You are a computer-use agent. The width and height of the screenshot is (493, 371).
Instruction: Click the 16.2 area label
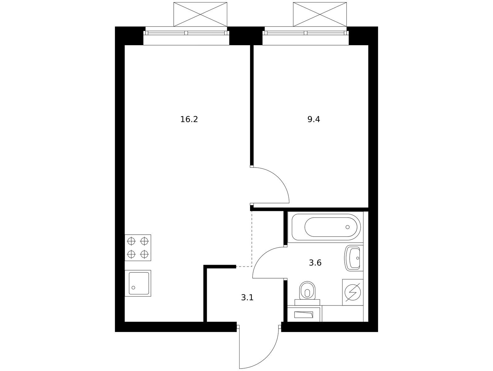point(189,119)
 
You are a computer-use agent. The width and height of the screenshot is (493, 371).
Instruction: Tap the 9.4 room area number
point(313,119)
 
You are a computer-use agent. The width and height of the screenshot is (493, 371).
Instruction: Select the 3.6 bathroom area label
point(315,263)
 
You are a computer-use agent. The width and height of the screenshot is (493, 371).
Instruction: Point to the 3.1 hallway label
point(247,298)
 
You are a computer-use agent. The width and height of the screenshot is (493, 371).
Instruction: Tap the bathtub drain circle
point(348,227)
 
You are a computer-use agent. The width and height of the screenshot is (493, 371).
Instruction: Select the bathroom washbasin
point(353,258)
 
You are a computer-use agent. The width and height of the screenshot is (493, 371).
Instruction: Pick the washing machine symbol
point(353,292)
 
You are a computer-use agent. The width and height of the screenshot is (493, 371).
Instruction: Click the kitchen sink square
point(138,283)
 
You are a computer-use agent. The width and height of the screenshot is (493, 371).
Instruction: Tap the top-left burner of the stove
point(131,241)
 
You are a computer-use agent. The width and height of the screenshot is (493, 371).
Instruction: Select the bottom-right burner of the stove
point(144,254)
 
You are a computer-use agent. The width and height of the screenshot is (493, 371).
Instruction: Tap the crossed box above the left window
point(200,14)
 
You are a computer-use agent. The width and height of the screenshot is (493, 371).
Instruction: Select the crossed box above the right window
point(320,14)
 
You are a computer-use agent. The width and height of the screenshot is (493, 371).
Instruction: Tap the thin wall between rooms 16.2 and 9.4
point(252,105)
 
